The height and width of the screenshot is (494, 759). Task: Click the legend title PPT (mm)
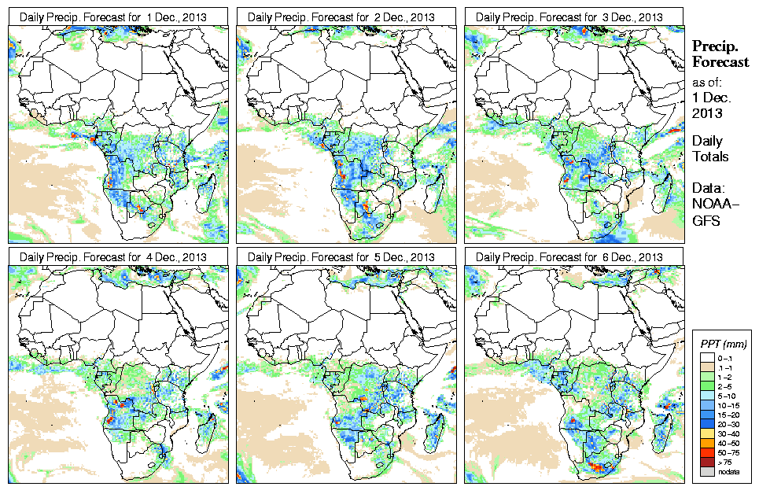click(x=723, y=344)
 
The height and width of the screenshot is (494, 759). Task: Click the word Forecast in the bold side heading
click(x=720, y=62)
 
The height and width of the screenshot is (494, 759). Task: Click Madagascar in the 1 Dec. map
click(x=208, y=190)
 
